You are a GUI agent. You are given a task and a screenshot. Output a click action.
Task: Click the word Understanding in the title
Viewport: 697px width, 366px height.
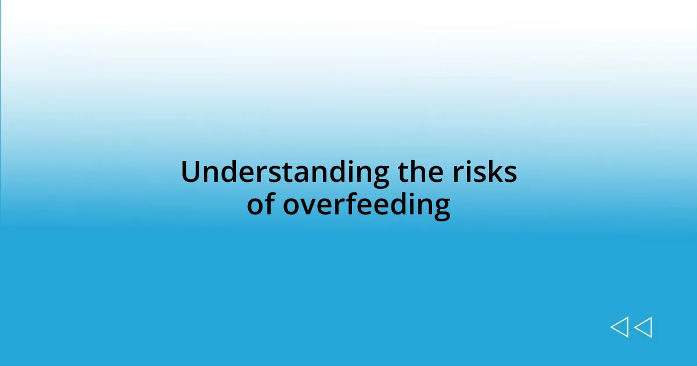coord(285,173)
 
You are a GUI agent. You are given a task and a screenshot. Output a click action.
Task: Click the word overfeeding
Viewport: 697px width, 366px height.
coord(367,205)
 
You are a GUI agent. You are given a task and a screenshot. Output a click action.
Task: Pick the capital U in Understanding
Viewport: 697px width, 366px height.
coord(191,173)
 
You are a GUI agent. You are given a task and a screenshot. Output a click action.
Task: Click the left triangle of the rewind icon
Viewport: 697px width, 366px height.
coord(619,328)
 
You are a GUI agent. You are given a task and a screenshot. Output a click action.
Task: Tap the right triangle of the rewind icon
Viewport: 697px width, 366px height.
coord(643,328)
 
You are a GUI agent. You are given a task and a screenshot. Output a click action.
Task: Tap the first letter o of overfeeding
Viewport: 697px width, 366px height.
coord(291,206)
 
